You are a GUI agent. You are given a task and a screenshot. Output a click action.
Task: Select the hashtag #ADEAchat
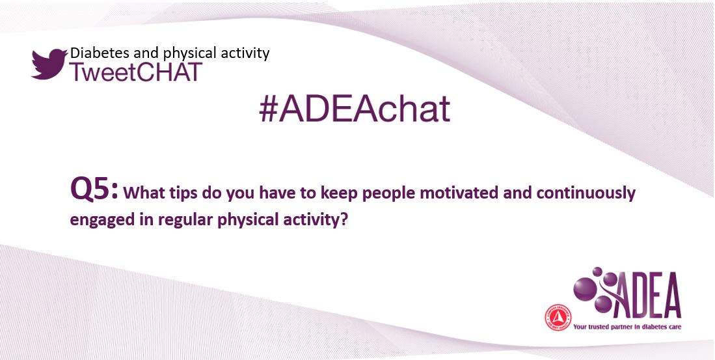(355, 109)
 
